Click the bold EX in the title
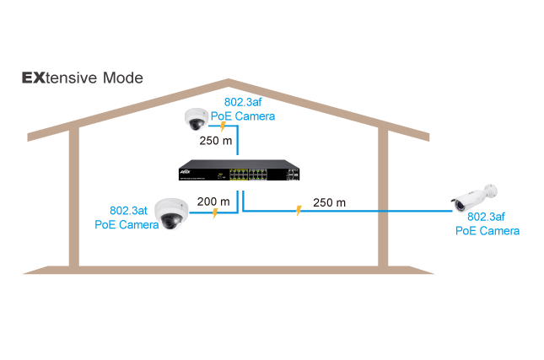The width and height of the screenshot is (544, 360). (33, 78)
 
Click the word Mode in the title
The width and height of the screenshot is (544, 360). (123, 78)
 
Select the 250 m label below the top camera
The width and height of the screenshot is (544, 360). (215, 141)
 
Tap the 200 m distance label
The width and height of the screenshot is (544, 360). (213, 201)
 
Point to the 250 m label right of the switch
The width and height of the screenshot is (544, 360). (329, 202)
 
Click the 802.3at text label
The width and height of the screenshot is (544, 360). (128, 211)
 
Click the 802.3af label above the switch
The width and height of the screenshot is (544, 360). (243, 102)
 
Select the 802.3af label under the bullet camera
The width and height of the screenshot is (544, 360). (486, 217)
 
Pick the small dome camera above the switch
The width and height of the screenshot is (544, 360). (197, 119)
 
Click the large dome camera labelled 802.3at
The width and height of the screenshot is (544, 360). (171, 214)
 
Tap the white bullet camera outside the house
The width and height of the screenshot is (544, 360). (474, 197)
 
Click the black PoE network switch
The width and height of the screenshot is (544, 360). (239, 170)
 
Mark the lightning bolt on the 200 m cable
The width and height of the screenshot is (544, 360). (215, 213)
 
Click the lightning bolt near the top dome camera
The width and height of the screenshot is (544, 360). (223, 126)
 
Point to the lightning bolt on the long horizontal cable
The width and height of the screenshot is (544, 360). (299, 211)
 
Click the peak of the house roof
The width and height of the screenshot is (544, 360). (229, 80)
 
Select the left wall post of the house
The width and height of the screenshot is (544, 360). (74, 197)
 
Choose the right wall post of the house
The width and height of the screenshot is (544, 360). (383, 197)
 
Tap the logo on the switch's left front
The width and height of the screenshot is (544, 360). (185, 171)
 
